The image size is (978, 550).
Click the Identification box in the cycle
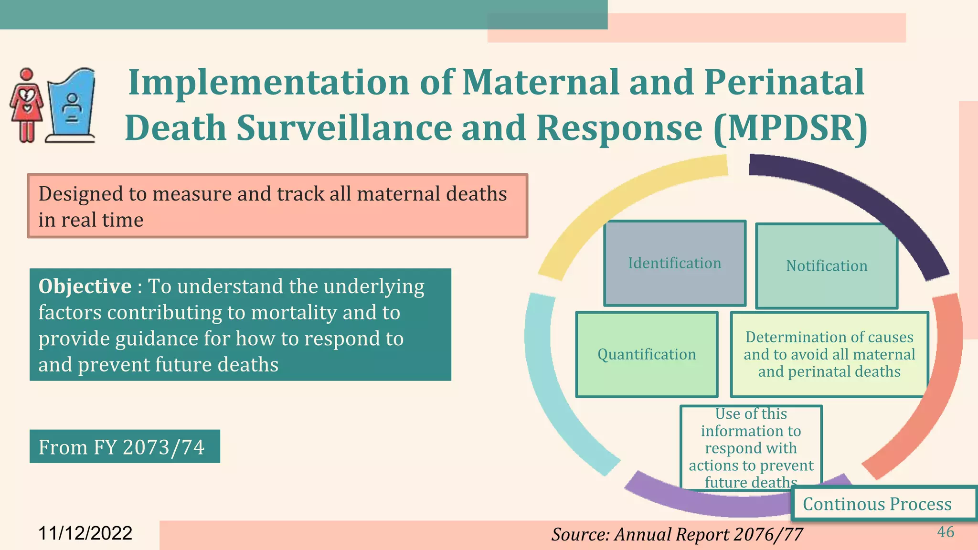(674, 263)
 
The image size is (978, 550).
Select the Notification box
(826, 266)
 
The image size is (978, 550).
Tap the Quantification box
(647, 354)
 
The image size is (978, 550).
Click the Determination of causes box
(829, 354)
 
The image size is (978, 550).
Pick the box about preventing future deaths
(751, 447)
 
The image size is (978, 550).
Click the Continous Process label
(877, 504)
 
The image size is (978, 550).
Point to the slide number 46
(946, 532)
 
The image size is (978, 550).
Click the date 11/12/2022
(85, 533)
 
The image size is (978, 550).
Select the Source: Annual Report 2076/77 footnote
(677, 534)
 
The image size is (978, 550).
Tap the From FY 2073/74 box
(122, 447)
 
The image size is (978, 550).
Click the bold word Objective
(85, 286)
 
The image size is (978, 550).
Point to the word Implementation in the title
(269, 82)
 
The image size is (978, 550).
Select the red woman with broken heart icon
(27, 106)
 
